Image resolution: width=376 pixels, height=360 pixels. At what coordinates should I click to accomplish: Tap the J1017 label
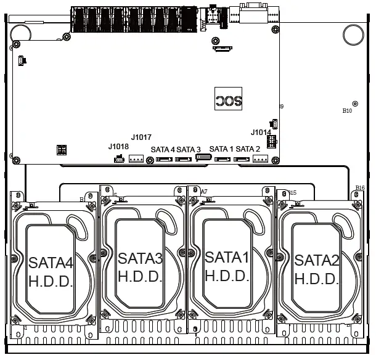click(141, 137)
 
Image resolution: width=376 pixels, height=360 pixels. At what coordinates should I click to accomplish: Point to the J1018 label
click(118, 147)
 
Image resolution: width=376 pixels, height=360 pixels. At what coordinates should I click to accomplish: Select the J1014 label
click(261, 133)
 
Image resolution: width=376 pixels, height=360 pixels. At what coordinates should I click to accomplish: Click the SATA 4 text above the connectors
click(163, 149)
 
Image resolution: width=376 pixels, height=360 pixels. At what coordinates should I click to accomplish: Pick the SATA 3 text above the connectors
click(189, 149)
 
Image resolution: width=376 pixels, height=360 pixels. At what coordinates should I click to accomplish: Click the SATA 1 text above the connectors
click(221, 149)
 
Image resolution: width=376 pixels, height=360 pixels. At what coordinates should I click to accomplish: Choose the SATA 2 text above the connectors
click(248, 149)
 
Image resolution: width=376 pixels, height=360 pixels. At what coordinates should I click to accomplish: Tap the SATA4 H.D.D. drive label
click(51, 272)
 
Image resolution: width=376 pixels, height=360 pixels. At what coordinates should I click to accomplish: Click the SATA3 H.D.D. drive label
click(140, 267)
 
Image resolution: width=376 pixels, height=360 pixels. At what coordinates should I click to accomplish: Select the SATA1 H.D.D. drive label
click(226, 266)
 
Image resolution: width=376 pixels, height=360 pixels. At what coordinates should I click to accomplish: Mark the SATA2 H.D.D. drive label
click(316, 269)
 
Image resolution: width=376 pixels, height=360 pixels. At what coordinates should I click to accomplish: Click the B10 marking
click(347, 111)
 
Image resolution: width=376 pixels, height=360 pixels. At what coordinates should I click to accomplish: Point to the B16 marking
click(360, 188)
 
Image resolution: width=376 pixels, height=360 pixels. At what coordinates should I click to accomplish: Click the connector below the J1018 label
click(119, 160)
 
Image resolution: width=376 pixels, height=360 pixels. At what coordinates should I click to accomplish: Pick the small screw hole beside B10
click(354, 104)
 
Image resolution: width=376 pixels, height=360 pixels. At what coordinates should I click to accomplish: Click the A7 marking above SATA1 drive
click(204, 192)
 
